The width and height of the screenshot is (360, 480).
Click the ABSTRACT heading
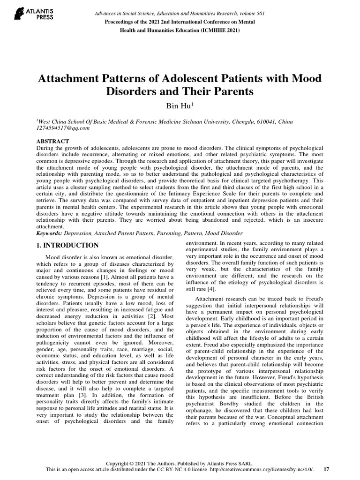(x=53, y=141)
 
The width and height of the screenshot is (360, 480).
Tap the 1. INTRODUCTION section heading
(x=67, y=245)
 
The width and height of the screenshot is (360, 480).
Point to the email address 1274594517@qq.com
(x=62, y=128)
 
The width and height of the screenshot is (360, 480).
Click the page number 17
(x=327, y=469)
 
